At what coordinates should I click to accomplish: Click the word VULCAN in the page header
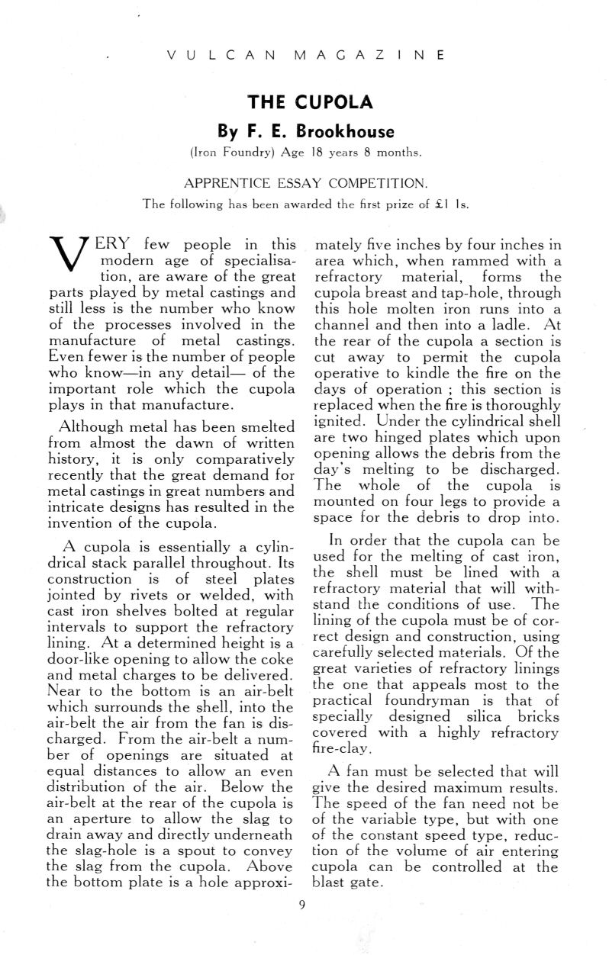tap(217, 56)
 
